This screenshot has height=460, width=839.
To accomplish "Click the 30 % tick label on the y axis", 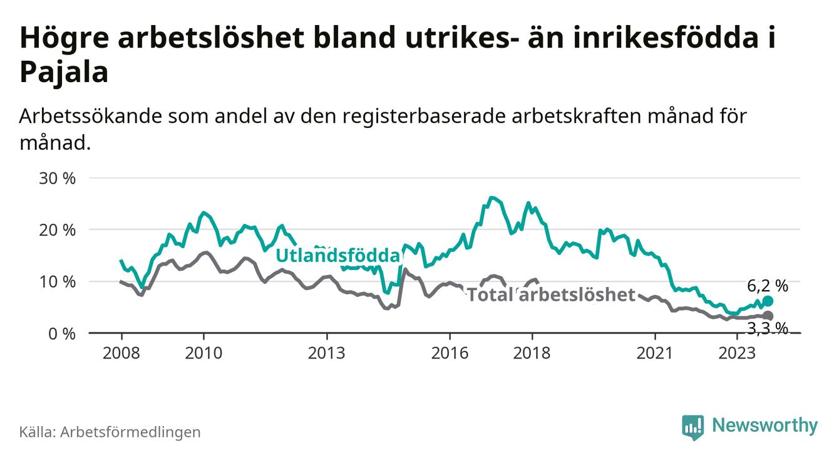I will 58,178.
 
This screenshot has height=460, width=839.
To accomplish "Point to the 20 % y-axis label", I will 58,230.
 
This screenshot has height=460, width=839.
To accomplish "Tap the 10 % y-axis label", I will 58,281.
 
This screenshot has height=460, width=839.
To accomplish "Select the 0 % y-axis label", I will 63,333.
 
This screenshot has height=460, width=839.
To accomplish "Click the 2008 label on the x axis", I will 121,353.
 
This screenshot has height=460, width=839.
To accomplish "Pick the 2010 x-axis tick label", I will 203,353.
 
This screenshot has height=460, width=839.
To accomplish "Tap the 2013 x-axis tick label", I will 327,353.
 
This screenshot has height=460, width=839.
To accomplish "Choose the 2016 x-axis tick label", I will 450,353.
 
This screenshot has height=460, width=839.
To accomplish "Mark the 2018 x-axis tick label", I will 532,353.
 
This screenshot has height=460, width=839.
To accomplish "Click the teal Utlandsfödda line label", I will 337,256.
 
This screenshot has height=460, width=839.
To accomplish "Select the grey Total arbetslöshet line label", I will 552,295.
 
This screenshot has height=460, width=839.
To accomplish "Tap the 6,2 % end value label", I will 768,286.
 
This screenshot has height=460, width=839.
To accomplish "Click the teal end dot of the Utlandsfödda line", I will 768,301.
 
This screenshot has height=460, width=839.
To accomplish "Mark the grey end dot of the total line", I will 768,316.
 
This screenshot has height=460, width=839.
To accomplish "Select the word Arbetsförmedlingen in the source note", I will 130,432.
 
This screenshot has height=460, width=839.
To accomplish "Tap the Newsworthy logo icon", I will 692,427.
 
